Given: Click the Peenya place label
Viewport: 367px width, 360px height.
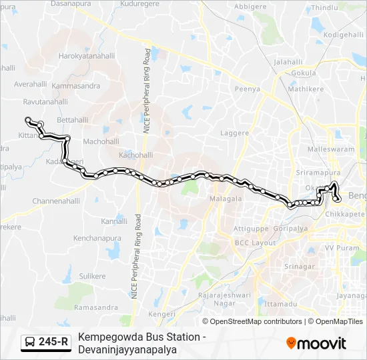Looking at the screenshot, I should [x=247, y=89].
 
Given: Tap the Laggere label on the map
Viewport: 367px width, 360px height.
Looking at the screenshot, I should [x=235, y=133].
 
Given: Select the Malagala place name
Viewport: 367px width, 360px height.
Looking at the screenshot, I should [x=226, y=199].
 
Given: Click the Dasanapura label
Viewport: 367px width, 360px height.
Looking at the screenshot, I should [x=71, y=4].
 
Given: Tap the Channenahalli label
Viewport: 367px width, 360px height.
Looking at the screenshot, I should [x=56, y=201].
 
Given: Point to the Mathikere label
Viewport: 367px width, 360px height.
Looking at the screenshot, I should [x=306, y=87].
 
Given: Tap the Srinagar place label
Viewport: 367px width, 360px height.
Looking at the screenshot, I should [x=300, y=267].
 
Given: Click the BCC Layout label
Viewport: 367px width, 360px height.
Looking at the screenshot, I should [x=255, y=243].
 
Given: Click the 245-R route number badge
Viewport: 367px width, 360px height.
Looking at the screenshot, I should [x=53, y=342].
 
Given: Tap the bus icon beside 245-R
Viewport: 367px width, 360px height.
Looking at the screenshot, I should [x=31, y=343].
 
